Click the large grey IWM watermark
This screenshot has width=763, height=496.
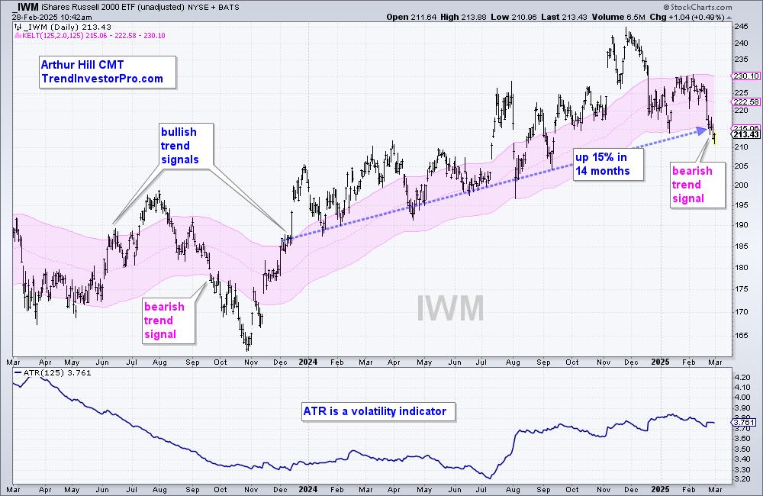tap(451, 308)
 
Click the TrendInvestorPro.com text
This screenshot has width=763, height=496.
tap(102, 79)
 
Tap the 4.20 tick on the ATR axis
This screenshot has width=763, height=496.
tap(741, 378)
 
